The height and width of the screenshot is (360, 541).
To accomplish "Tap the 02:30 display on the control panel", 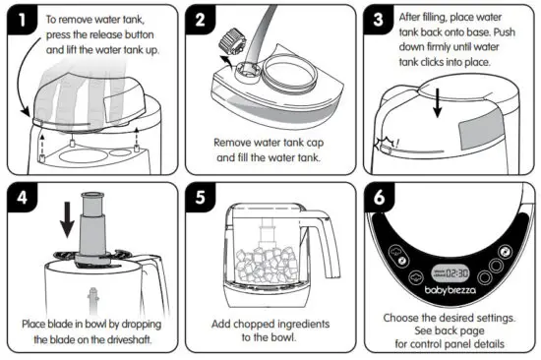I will (x=457, y=272).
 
